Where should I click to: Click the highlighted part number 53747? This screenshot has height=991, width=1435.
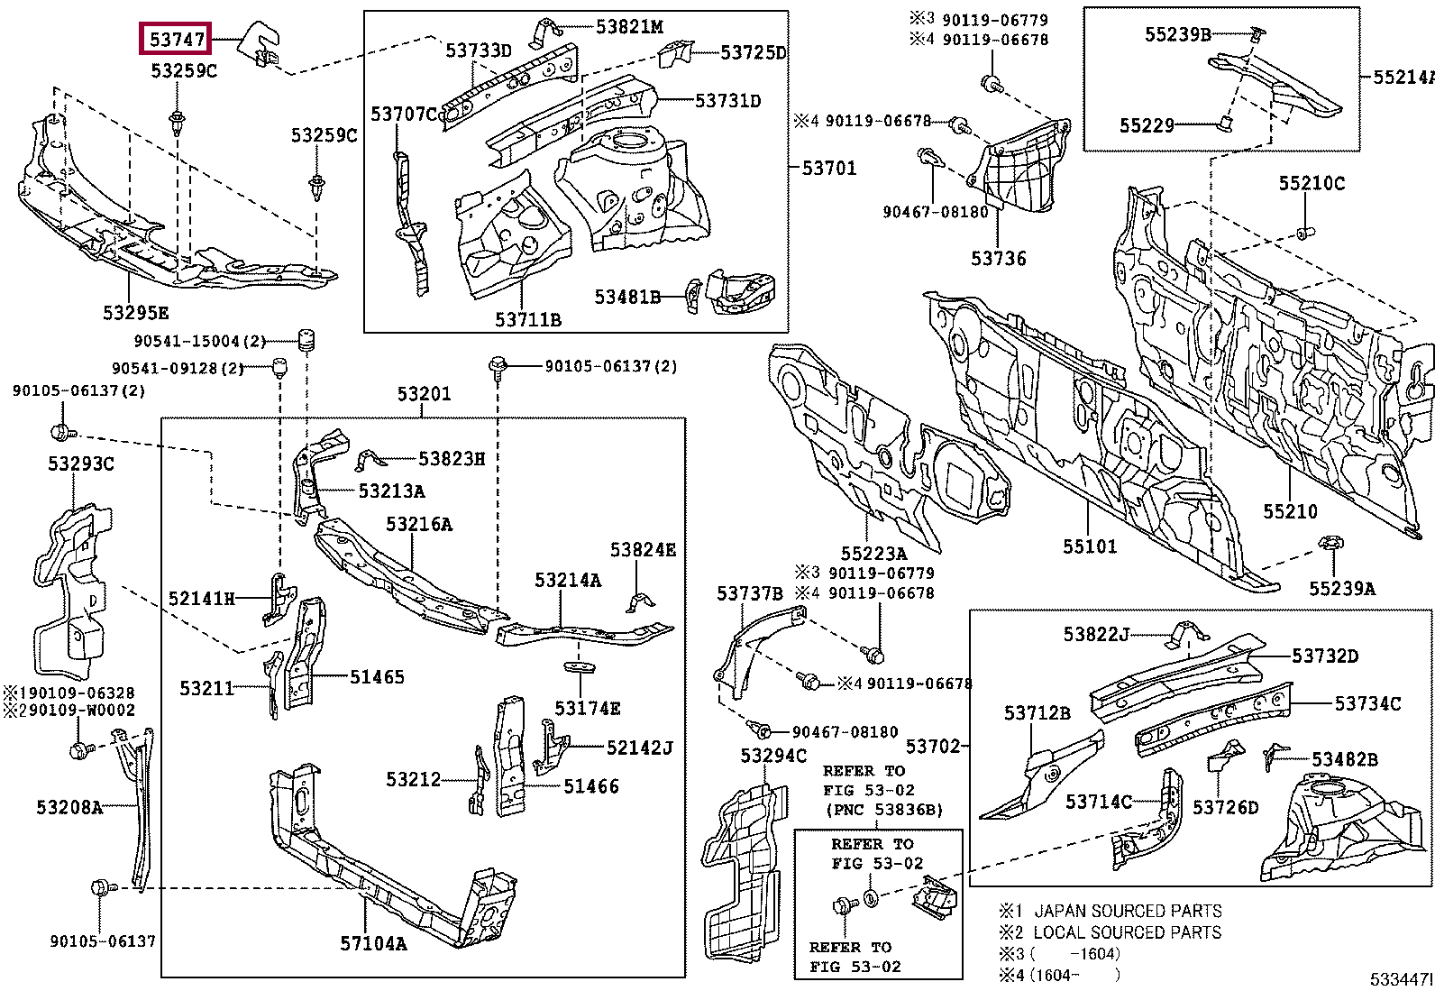point(177,40)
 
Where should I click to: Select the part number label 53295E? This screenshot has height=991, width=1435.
point(135,313)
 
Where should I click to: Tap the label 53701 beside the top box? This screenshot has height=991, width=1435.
point(828,168)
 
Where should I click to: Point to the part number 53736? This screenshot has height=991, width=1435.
point(998,259)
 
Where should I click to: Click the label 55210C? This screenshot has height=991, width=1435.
point(1311,183)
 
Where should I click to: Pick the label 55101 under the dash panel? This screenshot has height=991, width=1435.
point(1089,546)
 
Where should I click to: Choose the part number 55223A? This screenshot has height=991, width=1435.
point(873,554)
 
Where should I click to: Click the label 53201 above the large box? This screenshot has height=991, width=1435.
point(424,394)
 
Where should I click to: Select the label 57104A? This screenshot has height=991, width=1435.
point(373,944)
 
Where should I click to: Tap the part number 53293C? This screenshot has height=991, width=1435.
point(80,463)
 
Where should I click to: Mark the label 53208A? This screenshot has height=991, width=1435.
point(69,807)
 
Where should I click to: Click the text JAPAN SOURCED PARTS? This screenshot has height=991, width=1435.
point(1127,911)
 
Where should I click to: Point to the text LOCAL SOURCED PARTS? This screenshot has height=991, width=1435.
point(1127,932)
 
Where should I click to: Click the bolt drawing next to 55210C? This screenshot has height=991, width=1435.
point(1303,234)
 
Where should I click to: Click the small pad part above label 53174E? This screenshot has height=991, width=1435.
point(580,667)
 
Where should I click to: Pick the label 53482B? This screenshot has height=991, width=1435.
point(1343,759)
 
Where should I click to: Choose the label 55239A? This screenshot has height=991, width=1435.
point(1341,589)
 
